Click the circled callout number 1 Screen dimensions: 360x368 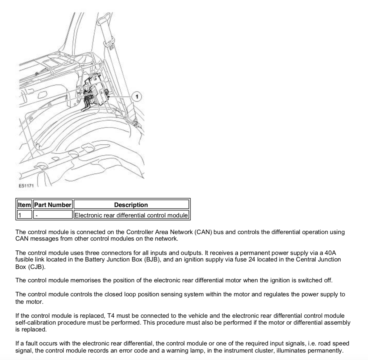137,96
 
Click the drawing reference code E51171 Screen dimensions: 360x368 26,186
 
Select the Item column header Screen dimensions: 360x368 24,205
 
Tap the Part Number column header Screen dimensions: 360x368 53,205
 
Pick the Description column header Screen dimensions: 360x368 131,205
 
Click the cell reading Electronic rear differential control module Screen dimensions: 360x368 131,215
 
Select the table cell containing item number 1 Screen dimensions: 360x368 24,215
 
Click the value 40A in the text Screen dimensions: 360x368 330,253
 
